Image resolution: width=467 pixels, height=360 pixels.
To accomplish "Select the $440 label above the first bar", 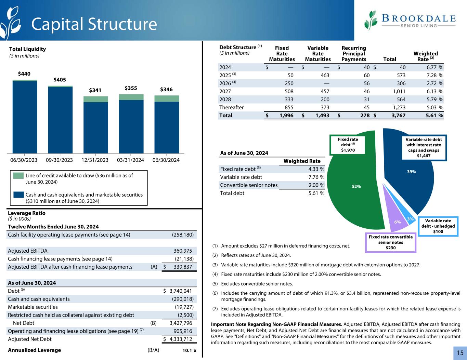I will (x=24, y=74).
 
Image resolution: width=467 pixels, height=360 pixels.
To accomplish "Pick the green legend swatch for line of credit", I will (x=18, y=176).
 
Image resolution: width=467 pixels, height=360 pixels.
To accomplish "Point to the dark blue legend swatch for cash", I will (x=18, y=195).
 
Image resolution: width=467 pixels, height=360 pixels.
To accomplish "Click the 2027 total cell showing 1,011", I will (x=399, y=91).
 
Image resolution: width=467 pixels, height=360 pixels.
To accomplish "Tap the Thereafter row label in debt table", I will (x=231, y=107).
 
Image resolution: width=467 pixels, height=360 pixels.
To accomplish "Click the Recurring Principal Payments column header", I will (x=354, y=54).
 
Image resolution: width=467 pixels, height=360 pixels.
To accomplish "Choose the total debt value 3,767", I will (x=399, y=116).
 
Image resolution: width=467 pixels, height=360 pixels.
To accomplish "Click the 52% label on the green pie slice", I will (x=356, y=186).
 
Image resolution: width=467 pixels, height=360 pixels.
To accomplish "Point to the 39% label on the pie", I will (x=411, y=172).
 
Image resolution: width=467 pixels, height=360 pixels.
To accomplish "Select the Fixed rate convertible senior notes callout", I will (x=390, y=242).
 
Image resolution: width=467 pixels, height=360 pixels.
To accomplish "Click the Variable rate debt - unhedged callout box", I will (x=438, y=226).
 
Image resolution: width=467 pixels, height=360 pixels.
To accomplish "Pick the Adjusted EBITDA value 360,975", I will (x=183, y=251).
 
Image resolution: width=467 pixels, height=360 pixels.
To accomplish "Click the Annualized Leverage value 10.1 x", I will (x=187, y=350).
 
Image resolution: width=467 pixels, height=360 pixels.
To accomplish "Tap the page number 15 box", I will (x=459, y=353).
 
